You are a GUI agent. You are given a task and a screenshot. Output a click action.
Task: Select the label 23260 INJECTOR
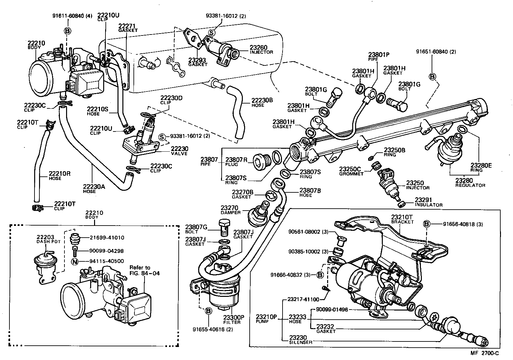point(261,49)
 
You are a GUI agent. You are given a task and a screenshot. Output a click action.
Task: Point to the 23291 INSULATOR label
point(428,202)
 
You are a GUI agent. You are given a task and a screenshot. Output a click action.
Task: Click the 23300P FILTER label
point(232,319)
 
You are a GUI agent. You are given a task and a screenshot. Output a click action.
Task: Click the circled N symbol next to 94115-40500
point(75,261)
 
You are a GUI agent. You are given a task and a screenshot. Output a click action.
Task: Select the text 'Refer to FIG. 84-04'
point(145,270)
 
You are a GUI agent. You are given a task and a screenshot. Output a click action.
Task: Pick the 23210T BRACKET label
point(402,219)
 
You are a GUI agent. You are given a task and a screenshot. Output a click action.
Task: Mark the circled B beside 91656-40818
point(427,224)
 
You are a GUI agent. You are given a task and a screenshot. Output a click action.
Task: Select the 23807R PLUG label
point(236,161)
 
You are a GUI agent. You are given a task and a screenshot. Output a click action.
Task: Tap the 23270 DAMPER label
point(230,210)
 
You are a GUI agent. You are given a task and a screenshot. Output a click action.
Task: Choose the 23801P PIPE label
point(379,57)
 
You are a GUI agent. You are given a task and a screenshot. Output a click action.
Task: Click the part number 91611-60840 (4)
point(72,16)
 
